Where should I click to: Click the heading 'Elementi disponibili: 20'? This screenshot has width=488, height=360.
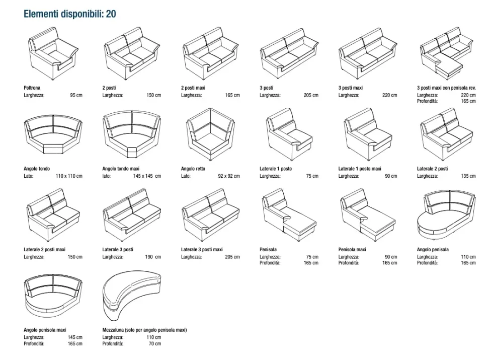pyautogui.click(x=69, y=14)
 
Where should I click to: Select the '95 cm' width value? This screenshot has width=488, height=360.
pyautogui.click(x=76, y=95)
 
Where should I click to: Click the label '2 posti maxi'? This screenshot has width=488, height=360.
pyautogui.click(x=193, y=88)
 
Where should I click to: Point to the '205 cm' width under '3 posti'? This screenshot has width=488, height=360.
pyautogui.click(x=311, y=95)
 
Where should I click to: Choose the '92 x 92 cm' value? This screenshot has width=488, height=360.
pyautogui.click(x=228, y=176)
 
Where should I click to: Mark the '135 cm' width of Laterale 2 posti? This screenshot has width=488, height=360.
pyautogui.click(x=468, y=176)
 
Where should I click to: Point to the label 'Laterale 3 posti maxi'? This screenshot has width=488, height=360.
pyautogui.click(x=202, y=250)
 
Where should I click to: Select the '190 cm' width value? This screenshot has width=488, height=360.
pyautogui.click(x=153, y=257)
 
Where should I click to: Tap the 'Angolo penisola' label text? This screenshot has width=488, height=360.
pyautogui.click(x=433, y=250)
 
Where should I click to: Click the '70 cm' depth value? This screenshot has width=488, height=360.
pyautogui.click(x=154, y=344)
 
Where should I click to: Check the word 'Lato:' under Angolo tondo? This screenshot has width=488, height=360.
pyautogui.click(x=29, y=176)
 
